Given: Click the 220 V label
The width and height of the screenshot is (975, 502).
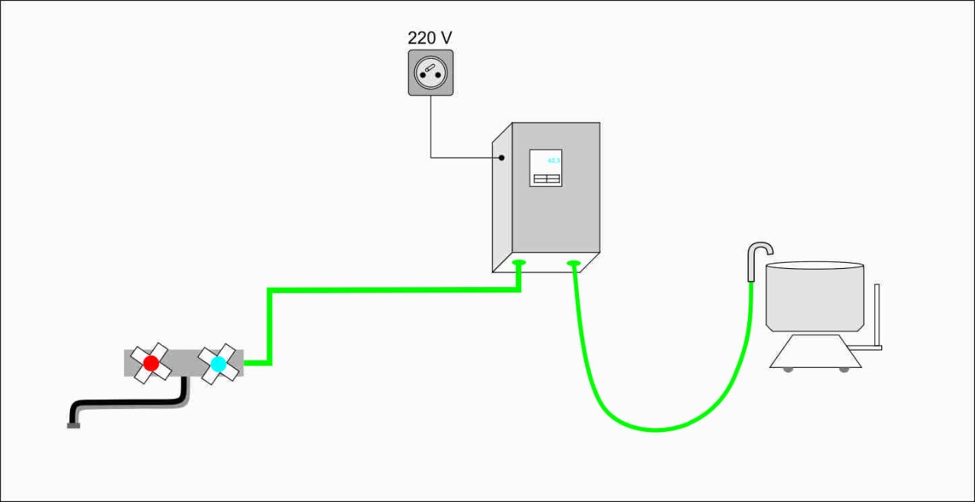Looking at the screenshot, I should point(430,37).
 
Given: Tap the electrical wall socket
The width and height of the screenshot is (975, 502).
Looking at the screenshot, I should point(430,72).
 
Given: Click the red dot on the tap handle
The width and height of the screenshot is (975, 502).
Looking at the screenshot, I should point(151,363).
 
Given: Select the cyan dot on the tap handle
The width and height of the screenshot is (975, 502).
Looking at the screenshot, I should point(219,364).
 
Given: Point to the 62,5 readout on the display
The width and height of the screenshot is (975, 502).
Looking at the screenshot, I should point(554,161).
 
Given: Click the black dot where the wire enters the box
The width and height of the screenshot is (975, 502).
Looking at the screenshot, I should point(502,158).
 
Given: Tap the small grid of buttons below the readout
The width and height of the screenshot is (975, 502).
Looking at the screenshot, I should point(545,179).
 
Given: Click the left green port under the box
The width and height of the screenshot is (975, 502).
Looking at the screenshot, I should point(519,264).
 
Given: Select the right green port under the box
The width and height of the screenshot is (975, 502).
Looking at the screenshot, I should point(574,264).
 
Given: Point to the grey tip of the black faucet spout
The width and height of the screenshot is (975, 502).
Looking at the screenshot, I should point(73,425).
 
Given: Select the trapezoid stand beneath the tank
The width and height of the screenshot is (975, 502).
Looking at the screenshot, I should point(815,352).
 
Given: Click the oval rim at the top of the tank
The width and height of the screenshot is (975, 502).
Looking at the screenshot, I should point(814,266).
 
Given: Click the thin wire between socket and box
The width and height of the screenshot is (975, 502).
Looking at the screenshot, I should point(431,129).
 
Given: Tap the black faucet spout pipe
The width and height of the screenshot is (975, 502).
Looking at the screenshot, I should point(129,404).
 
